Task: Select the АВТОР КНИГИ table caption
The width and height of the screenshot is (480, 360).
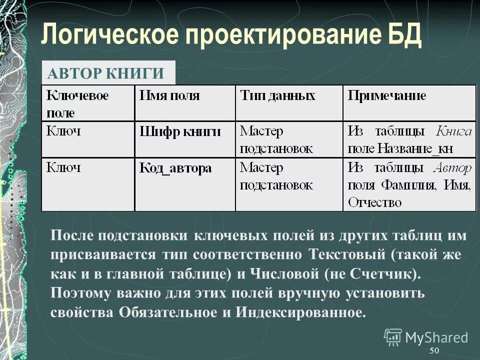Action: tap(106, 74)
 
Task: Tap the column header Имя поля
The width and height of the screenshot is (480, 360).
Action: tap(169, 95)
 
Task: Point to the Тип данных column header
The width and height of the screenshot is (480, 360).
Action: tap(277, 95)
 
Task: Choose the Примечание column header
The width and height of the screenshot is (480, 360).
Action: tap(387, 95)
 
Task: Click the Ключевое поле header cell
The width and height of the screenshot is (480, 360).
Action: tap(77, 102)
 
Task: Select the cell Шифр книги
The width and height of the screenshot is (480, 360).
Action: tap(180, 132)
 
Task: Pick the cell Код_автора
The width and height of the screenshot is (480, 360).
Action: tap(175, 168)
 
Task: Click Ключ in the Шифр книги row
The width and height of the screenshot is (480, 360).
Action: tap(63, 131)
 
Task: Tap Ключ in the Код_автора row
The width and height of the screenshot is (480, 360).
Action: tap(63, 168)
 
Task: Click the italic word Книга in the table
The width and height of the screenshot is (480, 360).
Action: tap(453, 131)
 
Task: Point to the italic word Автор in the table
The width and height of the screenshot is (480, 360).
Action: tap(452, 168)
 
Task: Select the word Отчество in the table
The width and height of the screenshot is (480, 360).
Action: tap(375, 202)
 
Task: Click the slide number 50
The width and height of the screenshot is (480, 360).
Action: tap(434, 350)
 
